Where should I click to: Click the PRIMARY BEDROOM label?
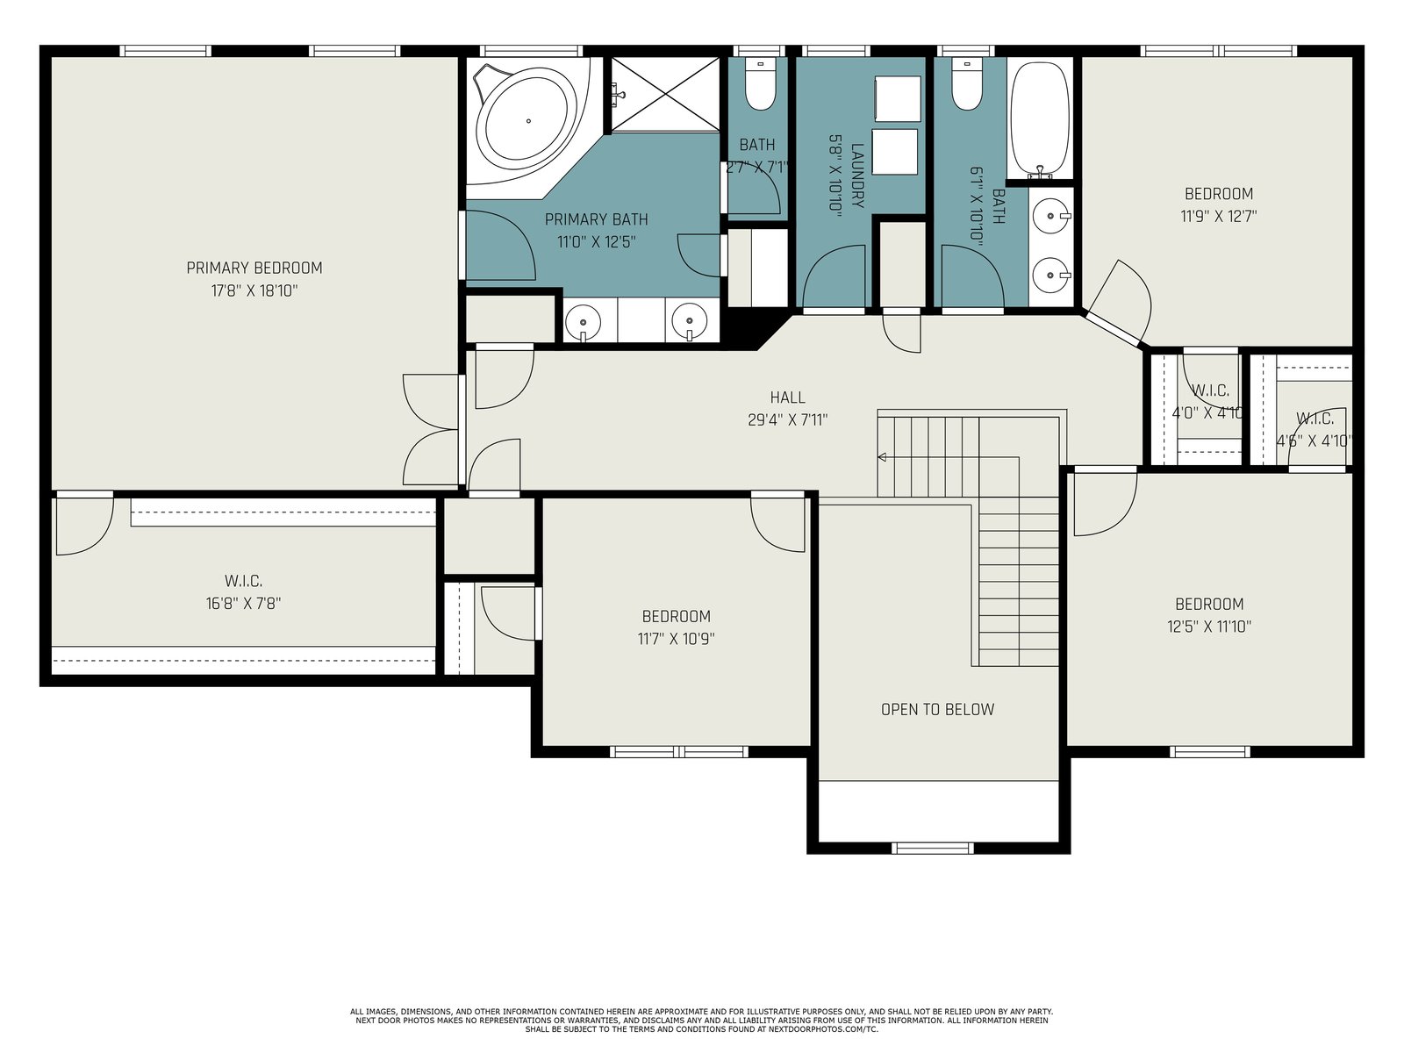coord(254,268)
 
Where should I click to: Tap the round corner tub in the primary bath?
coord(528,121)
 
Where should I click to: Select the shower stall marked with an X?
coord(665,95)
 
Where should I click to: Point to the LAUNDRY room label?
coord(857,175)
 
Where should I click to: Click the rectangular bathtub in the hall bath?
coord(1040,120)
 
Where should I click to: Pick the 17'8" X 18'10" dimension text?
coord(254,291)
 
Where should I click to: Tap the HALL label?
coord(787,398)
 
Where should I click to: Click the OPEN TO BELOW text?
coord(938,710)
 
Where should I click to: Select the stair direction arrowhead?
coord(881,457)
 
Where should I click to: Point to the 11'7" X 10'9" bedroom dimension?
coord(676,639)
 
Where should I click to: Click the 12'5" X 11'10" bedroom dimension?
coord(1209,627)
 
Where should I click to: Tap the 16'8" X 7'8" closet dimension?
coord(243,604)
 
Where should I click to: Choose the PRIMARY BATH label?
coord(596,219)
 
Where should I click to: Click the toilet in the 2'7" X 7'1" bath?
coord(760,85)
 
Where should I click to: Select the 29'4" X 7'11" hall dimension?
coord(787,420)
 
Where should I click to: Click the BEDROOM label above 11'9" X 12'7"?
coord(1219,194)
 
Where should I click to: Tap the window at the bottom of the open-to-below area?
coord(933,849)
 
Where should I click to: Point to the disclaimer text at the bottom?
coord(701,1021)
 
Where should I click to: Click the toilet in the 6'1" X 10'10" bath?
coord(966,85)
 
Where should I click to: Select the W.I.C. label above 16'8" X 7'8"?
coord(243,581)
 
